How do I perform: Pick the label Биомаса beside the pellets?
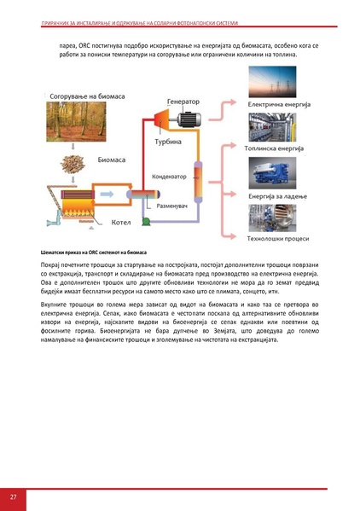point(113,160)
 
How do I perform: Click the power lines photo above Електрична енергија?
point(279,83)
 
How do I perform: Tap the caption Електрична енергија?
point(279,106)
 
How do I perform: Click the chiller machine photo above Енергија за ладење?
point(279,172)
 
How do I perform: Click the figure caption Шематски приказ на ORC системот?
point(94,253)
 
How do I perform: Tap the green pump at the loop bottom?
point(148,221)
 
